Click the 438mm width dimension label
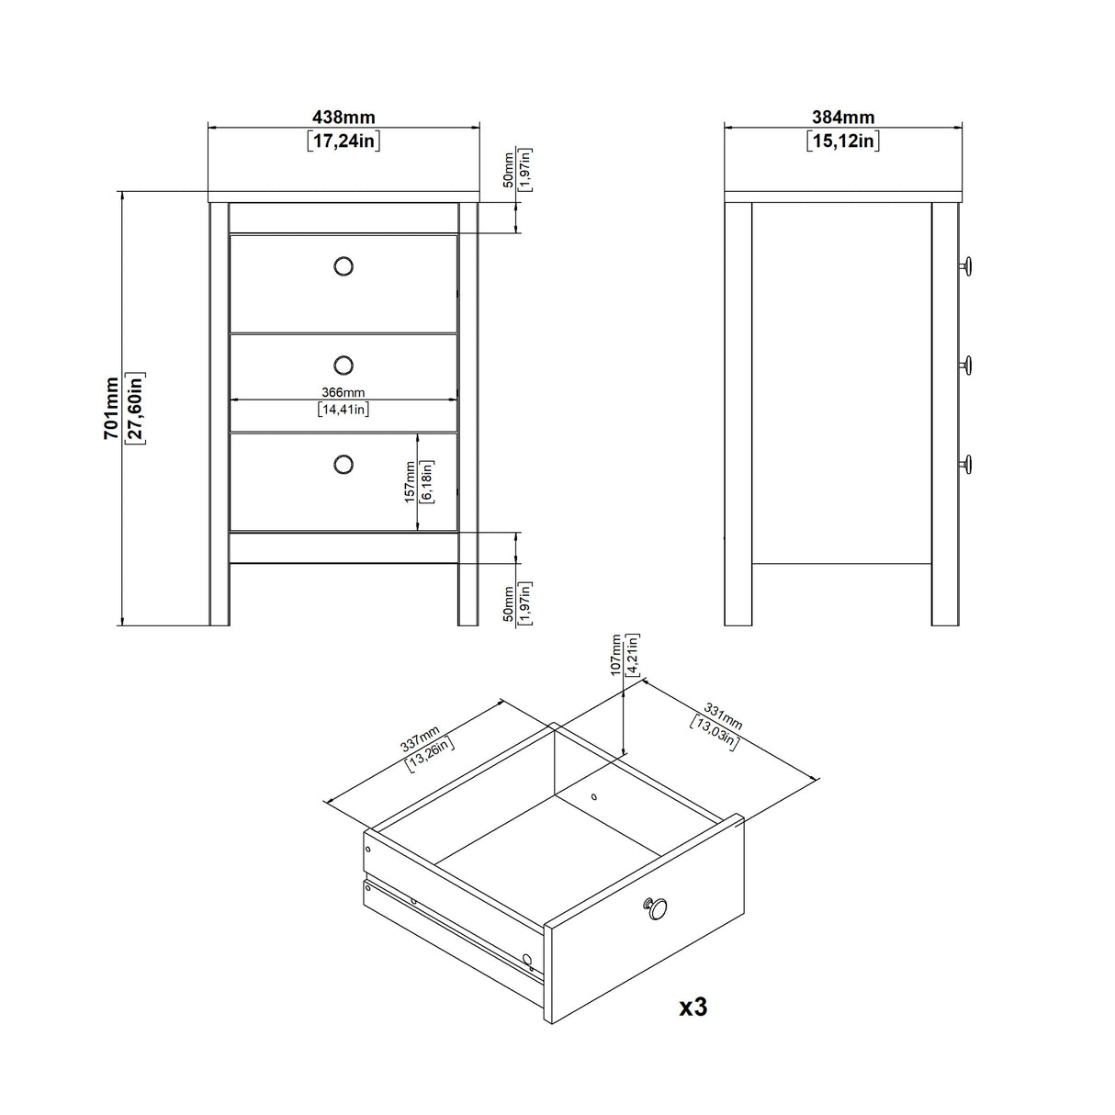click(344, 118)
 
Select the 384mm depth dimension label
click(842, 118)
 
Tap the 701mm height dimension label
click(110, 409)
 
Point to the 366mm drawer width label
click(343, 392)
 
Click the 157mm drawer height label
click(410, 482)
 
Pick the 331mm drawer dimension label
click(723, 715)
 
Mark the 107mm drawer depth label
click(615, 655)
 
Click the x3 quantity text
click(693, 1008)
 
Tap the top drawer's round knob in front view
click(344, 266)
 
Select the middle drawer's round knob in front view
click(344, 366)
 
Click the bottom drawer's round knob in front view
click(344, 464)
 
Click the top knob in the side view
click(966, 266)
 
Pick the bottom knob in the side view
click(966, 464)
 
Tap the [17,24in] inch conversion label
click(344, 141)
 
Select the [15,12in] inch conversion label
click(842, 141)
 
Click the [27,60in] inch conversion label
click(134, 409)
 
